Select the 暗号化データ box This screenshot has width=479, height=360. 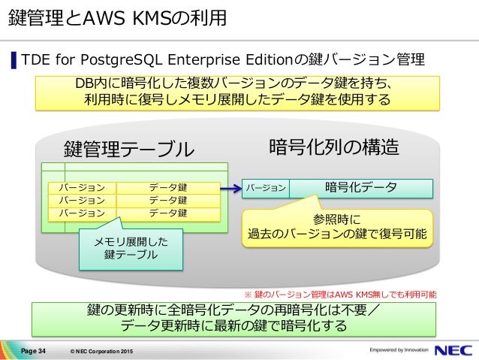tap(360, 187)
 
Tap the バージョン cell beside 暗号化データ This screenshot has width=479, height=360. tap(266, 188)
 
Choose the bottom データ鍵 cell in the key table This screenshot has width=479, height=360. tap(168, 213)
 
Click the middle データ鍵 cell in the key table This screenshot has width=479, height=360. tap(168, 200)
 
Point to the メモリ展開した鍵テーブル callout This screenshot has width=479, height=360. tap(131, 249)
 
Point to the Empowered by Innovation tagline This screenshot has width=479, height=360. tap(397, 349)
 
